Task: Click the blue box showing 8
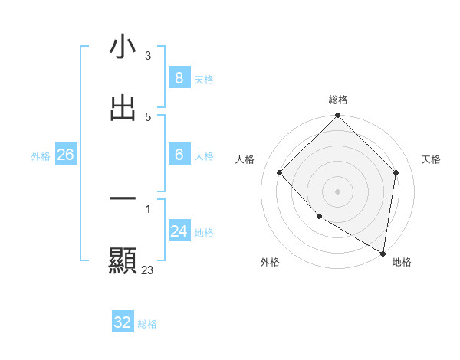click(179, 77)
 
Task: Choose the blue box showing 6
click(179, 155)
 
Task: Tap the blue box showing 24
click(179, 231)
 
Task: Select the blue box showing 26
click(65, 155)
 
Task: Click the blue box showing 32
click(123, 322)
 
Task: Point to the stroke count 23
click(147, 270)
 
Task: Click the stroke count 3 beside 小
click(148, 55)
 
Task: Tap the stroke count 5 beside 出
click(148, 116)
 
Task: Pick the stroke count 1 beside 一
click(148, 208)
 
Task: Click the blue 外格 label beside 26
click(41, 155)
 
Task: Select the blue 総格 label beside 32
click(147, 323)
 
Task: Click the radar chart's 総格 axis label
click(338, 100)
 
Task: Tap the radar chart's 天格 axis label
click(431, 159)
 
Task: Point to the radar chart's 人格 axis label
click(245, 159)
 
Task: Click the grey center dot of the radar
click(338, 191)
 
